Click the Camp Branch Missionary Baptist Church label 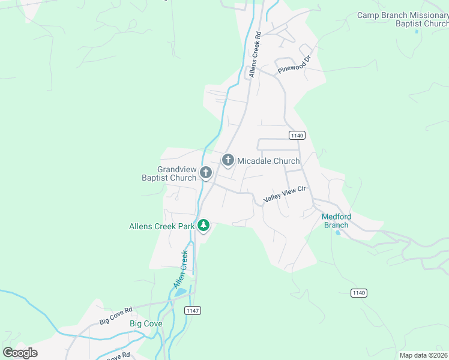tap(403, 19)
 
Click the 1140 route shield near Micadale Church tap(297, 135)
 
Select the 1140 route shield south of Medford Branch tap(358, 293)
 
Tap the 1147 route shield tap(193, 310)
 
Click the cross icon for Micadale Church tap(228, 160)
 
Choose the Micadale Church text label tap(268, 161)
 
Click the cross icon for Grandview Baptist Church tap(205, 173)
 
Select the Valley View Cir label tap(285, 194)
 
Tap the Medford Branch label tap(336, 221)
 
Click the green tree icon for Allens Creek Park tap(203, 226)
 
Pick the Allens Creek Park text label tap(162, 226)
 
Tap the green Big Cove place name tap(146, 323)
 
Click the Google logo tap(20, 353)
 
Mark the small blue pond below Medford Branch tap(339, 232)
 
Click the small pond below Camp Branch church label tap(417, 31)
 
